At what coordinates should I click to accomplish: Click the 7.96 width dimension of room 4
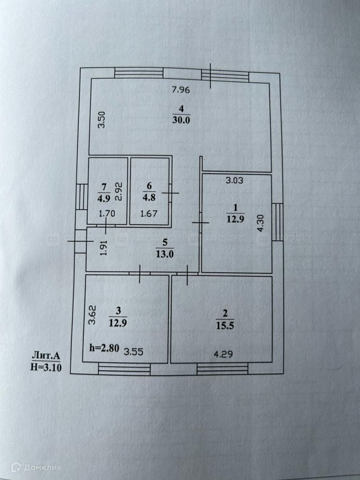click(181, 89)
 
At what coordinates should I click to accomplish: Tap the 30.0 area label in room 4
click(181, 120)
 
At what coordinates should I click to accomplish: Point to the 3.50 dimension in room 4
click(101, 120)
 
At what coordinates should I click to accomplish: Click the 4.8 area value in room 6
click(149, 196)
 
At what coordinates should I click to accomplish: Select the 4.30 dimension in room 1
click(261, 224)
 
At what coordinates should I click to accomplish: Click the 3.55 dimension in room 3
click(134, 351)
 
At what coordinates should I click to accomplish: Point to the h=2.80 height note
click(104, 347)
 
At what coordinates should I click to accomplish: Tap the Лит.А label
click(46, 356)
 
